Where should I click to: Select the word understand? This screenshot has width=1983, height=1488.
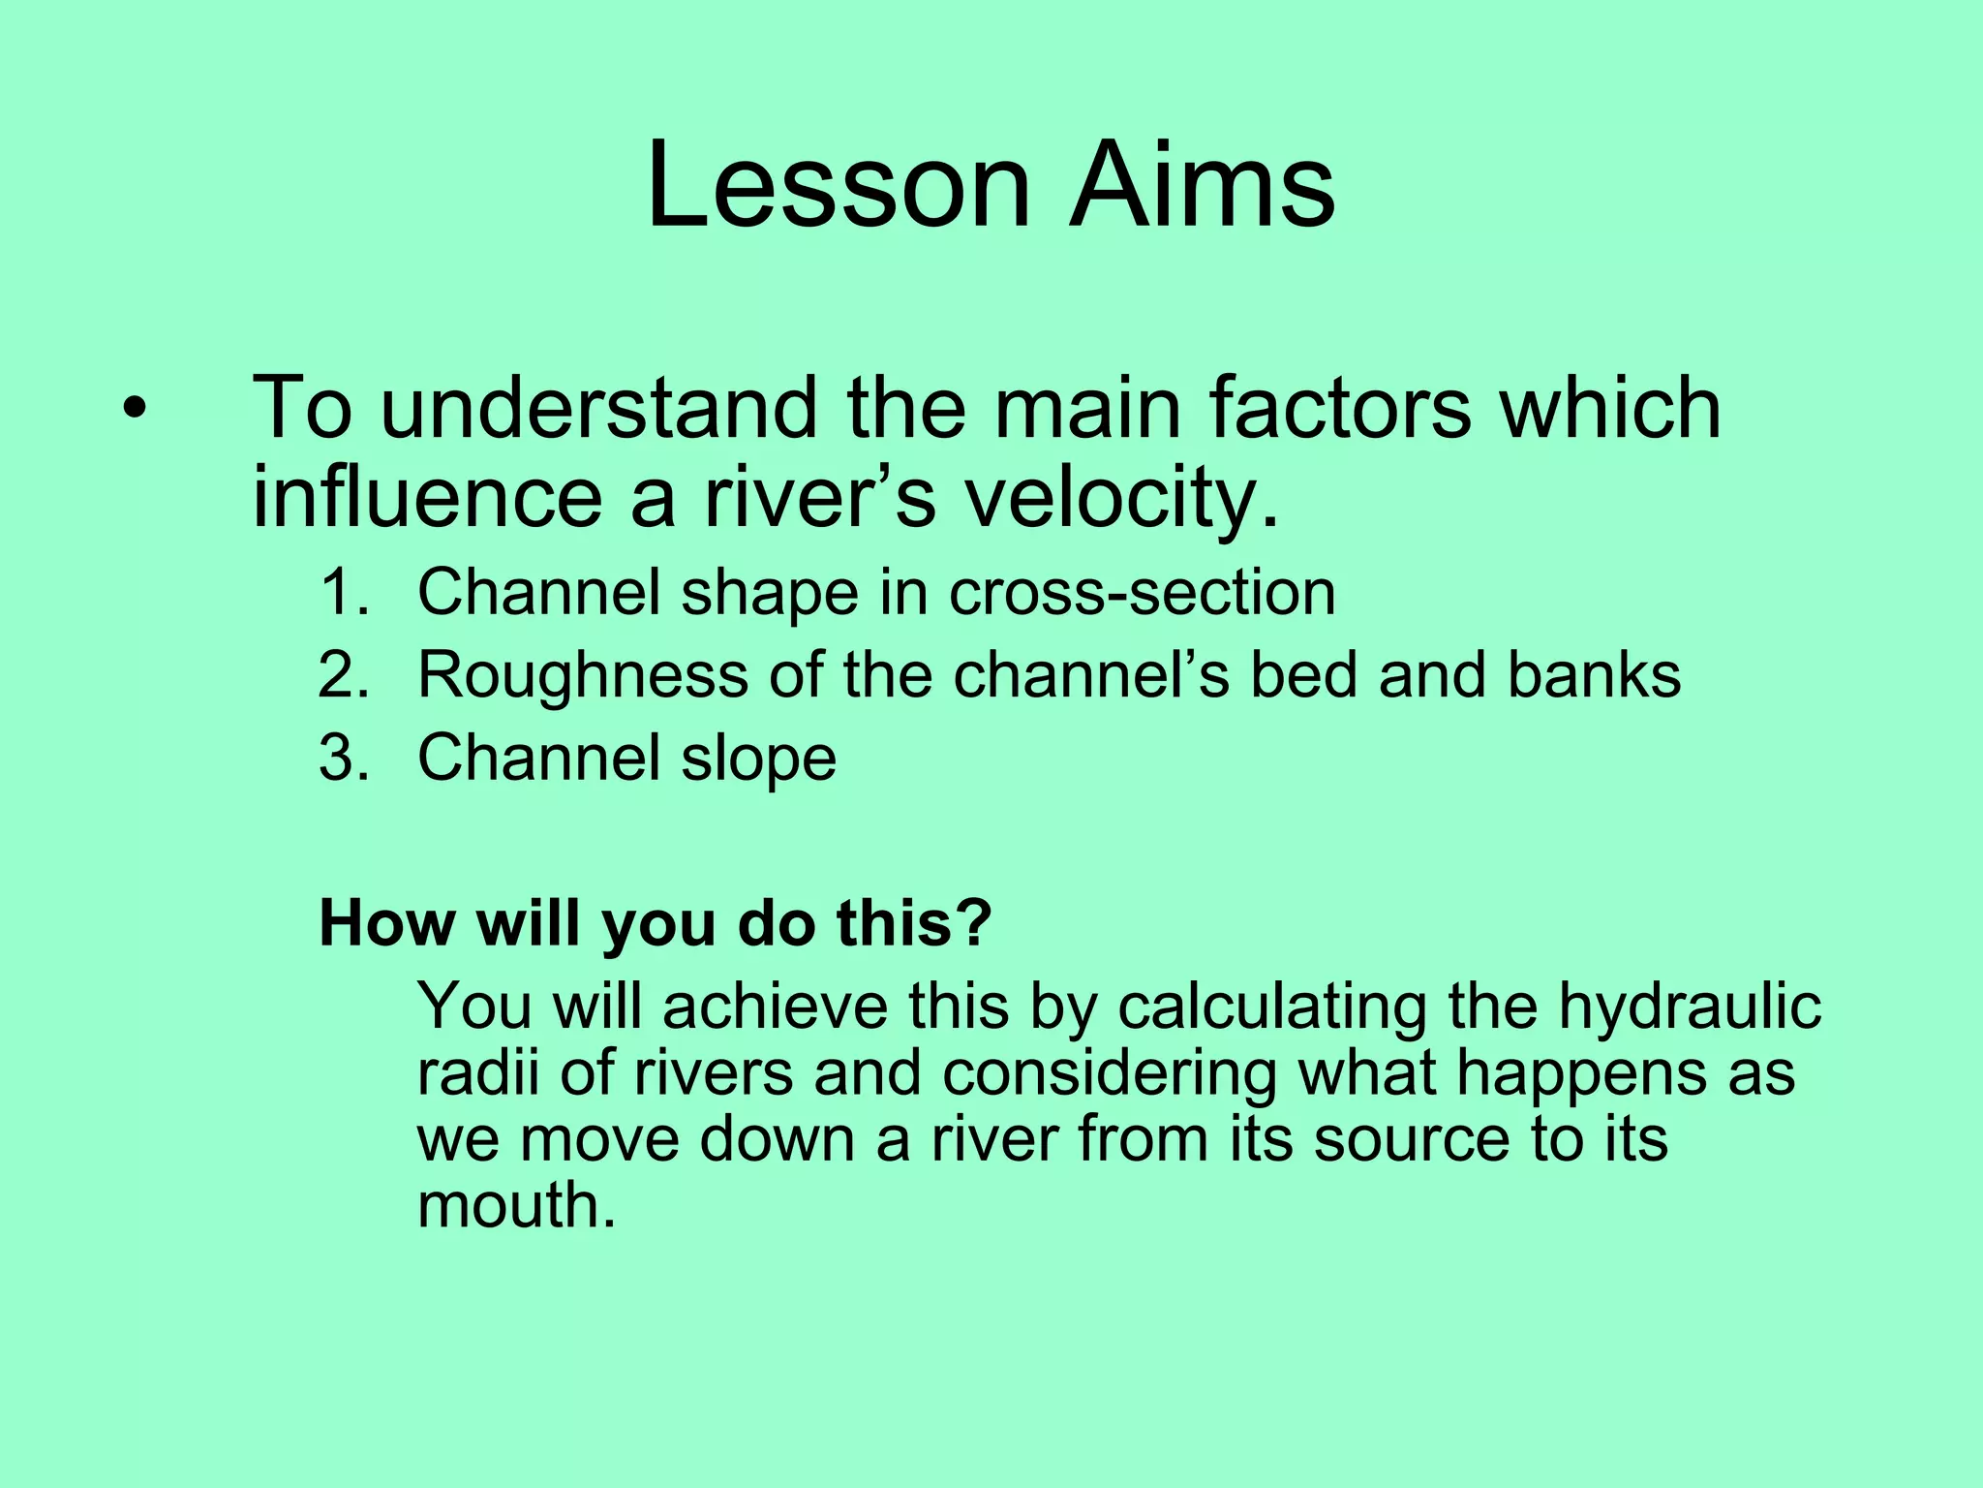(x=597, y=410)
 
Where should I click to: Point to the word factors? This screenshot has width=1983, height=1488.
(x=1340, y=410)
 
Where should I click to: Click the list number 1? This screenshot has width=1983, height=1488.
(x=344, y=593)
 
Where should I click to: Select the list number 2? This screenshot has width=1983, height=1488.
(x=344, y=675)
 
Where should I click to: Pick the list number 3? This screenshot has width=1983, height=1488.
(x=344, y=758)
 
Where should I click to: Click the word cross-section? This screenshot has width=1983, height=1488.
(x=1142, y=593)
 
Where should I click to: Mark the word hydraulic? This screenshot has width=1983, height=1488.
(x=1690, y=1007)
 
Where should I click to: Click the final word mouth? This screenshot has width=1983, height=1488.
(x=515, y=1206)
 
